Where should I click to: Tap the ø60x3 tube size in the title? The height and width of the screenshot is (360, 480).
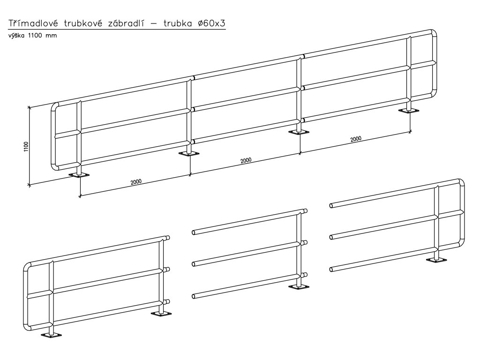coord(211,24)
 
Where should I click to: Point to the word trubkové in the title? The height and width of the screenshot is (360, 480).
coord(79,24)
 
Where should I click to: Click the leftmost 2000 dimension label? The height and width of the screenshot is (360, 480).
coord(136,182)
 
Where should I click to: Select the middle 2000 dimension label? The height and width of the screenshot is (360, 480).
coord(246,160)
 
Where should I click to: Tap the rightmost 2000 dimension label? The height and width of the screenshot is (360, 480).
coord(355,139)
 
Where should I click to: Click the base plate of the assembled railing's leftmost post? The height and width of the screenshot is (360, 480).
coord(79,175)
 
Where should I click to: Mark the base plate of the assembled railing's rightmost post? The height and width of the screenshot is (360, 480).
coord(409,111)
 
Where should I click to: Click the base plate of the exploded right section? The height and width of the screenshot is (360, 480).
coord(436,260)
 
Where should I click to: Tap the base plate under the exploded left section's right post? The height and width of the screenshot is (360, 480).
coord(161,314)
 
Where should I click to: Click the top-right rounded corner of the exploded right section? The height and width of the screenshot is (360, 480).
coord(461,182)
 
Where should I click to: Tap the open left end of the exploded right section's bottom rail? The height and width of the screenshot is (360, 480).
coord(332,269)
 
